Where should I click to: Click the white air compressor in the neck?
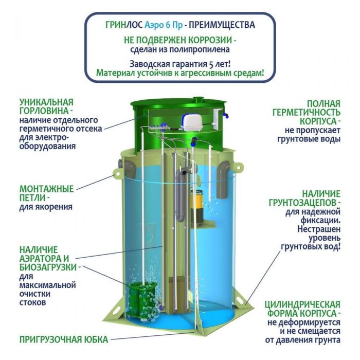[x=191, y=122]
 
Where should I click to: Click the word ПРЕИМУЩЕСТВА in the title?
[x=222, y=25]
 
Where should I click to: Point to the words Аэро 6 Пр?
[x=164, y=25]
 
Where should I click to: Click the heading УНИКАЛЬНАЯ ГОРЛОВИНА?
[x=46, y=106]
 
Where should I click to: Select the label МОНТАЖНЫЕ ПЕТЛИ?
[x=46, y=193]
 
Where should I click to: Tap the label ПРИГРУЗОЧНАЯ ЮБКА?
[x=64, y=339]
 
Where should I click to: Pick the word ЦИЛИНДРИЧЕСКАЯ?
[x=302, y=304]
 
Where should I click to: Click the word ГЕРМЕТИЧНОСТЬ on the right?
[x=307, y=113]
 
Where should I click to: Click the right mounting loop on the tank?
[x=238, y=167]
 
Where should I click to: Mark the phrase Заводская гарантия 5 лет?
[x=180, y=64]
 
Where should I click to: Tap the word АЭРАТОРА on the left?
[x=44, y=259]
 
